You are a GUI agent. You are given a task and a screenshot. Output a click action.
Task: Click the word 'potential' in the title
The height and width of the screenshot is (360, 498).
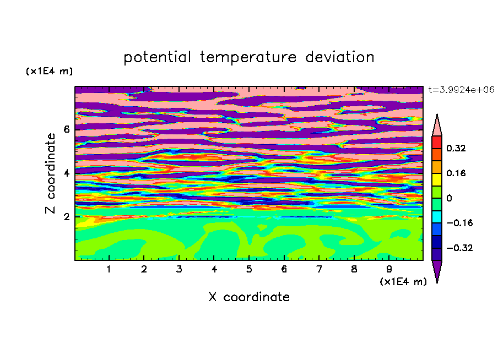click(158, 58)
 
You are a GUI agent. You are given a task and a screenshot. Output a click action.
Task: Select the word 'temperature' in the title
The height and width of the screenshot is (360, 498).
click(248, 58)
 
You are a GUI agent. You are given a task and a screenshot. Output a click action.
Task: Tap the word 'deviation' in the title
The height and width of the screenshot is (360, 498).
click(340, 57)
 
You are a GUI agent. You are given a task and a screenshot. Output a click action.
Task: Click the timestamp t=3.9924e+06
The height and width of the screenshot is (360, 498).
click(462, 90)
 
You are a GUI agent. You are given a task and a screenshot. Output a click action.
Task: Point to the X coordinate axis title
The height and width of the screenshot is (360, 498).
click(249, 297)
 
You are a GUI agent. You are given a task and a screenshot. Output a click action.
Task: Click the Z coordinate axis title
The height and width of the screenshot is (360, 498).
click(51, 173)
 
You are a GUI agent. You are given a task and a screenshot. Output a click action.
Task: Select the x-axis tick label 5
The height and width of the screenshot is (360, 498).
click(249, 269)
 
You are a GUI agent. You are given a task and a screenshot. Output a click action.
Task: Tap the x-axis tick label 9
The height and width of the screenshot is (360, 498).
click(389, 269)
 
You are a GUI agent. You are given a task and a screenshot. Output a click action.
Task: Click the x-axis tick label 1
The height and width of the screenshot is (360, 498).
click(109, 269)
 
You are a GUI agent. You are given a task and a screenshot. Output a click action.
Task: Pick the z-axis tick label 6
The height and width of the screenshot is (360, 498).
click(66, 129)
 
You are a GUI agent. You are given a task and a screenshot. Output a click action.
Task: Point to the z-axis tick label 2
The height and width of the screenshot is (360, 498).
click(66, 217)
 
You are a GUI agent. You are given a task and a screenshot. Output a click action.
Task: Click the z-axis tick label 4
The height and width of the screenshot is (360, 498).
click(66, 173)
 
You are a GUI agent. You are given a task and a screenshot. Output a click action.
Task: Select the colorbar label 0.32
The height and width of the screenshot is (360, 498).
click(456, 148)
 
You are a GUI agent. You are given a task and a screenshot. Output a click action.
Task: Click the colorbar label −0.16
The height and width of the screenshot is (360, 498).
click(459, 223)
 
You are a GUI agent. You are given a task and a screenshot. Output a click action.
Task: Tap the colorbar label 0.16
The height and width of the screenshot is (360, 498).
click(456, 173)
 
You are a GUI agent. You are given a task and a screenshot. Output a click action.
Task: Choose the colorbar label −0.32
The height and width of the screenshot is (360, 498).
click(459, 248)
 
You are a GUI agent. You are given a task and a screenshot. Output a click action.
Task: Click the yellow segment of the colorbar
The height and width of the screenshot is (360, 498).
click(437, 179)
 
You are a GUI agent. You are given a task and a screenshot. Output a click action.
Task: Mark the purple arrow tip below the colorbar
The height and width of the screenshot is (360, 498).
click(437, 282)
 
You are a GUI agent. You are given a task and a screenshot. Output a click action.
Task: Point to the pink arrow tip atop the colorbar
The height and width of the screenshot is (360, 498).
click(437, 114)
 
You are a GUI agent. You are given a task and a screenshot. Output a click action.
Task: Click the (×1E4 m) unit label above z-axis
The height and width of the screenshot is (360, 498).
click(49, 71)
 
